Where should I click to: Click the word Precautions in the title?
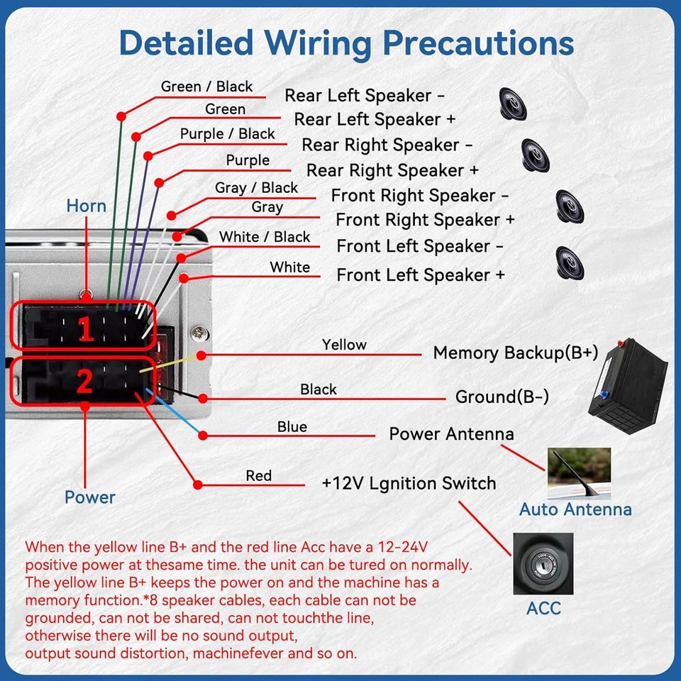[478, 43]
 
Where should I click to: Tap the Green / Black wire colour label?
[206, 87]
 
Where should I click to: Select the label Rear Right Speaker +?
[392, 170]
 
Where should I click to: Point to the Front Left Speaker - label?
[420, 246]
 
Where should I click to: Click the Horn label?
[86, 206]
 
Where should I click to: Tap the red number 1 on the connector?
[86, 328]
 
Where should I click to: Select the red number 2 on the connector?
[84, 381]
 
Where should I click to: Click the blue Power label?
[90, 497]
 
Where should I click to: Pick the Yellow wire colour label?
[345, 345]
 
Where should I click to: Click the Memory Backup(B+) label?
[516, 353]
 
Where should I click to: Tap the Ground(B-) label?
[502, 397]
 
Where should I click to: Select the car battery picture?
[628, 386]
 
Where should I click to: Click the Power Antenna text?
[451, 434]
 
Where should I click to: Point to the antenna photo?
[579, 473]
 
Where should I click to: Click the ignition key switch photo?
[543, 564]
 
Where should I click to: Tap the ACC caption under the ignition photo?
[543, 608]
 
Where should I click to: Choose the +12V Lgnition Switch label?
[409, 483]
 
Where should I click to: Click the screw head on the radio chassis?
[200, 333]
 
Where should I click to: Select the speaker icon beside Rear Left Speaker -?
[512, 104]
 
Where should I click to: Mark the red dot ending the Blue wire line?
[202, 435]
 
